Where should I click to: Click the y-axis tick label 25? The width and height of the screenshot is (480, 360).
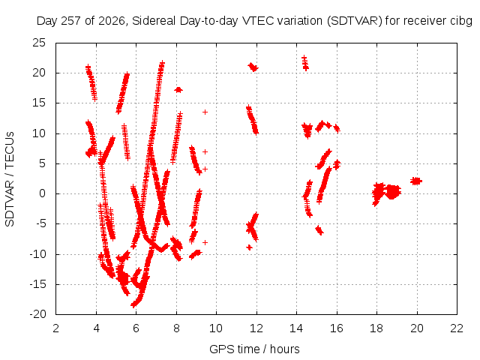[39, 43]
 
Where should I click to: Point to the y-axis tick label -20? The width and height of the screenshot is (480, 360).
[37, 314]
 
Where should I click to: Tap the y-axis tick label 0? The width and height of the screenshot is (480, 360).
[42, 193]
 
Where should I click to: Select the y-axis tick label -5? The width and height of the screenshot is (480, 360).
[40, 223]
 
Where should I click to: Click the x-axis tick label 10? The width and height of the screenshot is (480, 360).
[216, 328]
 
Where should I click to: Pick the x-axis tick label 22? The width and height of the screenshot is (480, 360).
[457, 328]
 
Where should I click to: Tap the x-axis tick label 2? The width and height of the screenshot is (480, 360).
[55, 328]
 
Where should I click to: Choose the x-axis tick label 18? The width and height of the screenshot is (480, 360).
[376, 328]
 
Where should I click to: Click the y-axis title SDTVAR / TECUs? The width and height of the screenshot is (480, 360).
[10, 179]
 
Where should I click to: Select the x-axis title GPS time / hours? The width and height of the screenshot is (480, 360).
[254, 349]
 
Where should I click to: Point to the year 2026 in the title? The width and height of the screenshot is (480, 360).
[112, 21]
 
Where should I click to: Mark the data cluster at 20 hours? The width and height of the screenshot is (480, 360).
[416, 181]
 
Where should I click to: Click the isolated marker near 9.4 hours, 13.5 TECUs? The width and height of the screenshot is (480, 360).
[205, 112]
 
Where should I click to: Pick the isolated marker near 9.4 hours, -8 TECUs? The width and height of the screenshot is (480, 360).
[205, 242]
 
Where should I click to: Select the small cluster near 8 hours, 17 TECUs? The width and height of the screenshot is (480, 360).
[178, 90]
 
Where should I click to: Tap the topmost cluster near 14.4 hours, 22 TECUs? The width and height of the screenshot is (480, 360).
[305, 63]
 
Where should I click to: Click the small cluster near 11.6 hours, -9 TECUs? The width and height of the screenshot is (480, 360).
[249, 247]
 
